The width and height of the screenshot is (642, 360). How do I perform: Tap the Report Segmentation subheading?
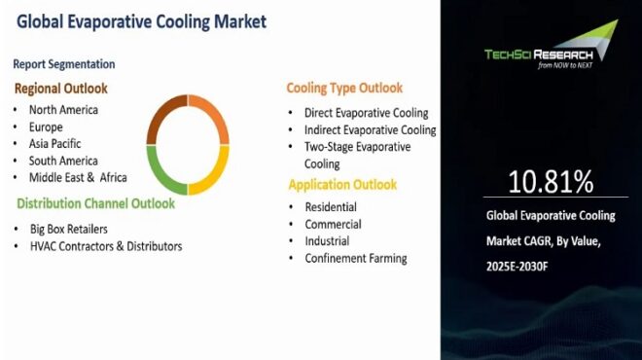[x=63, y=64]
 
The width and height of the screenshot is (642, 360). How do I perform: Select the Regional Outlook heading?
[x=60, y=89]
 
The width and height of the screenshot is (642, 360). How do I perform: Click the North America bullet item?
[x=63, y=110]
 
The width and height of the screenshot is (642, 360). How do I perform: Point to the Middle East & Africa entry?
[x=78, y=177]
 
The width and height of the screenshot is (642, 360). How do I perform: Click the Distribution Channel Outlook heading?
[x=95, y=203]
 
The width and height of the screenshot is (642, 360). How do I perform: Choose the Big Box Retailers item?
[x=67, y=229]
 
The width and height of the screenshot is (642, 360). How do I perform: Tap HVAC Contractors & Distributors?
[x=105, y=246]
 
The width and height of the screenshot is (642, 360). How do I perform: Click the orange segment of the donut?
[x=211, y=115]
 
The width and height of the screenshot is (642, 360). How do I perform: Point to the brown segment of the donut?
[x=163, y=116]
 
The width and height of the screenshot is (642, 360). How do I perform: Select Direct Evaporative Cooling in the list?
[x=366, y=113]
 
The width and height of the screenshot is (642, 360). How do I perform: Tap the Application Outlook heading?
[x=341, y=184]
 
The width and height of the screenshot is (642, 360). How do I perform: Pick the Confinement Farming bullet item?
[x=355, y=258]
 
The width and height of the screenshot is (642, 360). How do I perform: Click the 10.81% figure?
[x=551, y=182]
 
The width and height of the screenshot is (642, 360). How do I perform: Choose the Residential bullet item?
[x=331, y=206]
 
